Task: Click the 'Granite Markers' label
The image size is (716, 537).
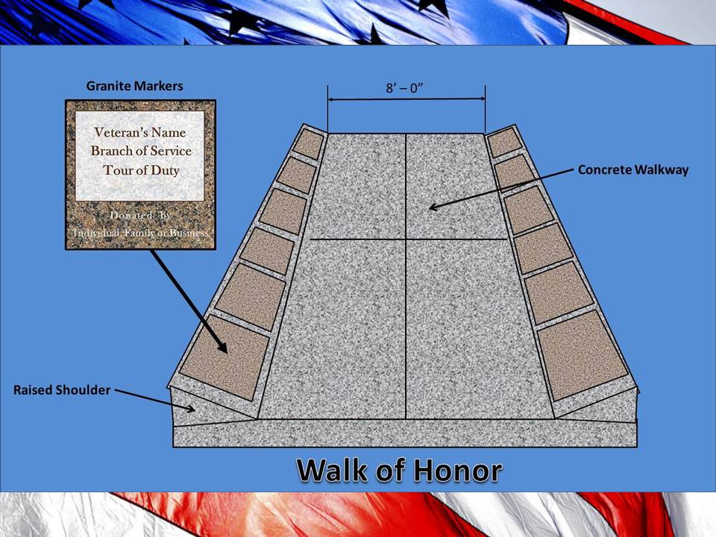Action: point(135,86)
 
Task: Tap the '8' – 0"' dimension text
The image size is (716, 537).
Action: point(405,88)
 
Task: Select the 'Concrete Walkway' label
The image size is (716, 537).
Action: point(633,170)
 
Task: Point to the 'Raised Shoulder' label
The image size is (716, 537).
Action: point(62,390)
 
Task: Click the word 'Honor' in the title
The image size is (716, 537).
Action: point(458,470)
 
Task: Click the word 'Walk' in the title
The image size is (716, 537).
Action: point(333,470)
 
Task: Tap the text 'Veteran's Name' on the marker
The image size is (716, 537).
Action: point(139,133)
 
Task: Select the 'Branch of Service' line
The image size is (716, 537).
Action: point(141,151)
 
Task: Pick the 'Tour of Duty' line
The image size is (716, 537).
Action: point(141,170)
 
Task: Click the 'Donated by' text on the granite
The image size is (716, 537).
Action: point(140,215)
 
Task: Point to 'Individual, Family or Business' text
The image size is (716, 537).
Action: point(140,233)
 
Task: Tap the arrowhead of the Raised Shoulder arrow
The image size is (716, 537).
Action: point(190,408)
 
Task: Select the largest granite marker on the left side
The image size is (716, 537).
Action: point(224,357)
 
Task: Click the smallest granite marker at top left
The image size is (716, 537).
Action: point(308,144)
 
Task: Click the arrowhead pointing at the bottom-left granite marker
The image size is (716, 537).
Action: point(222,347)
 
